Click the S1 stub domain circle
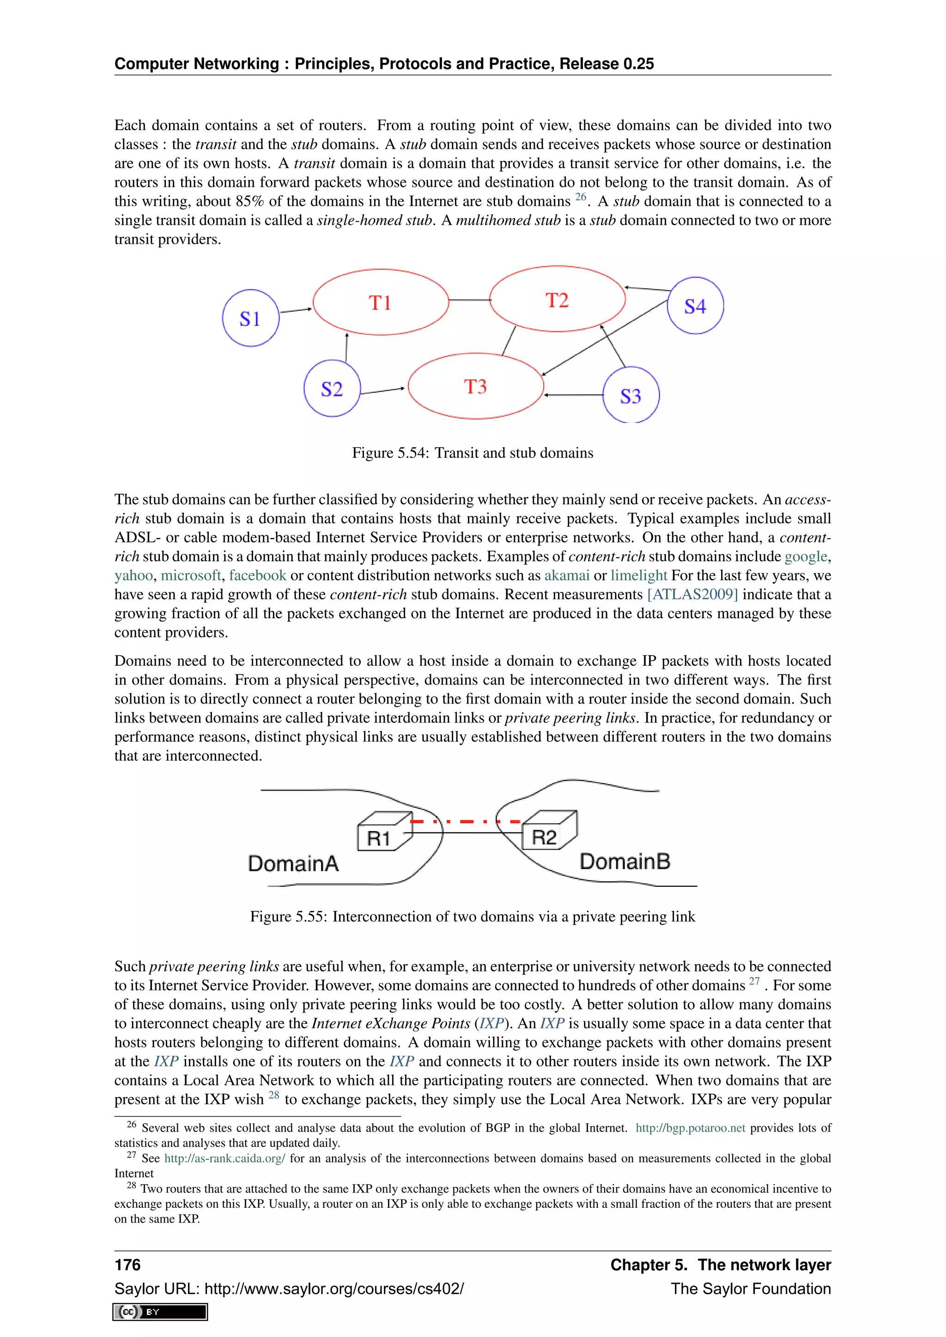tap(250, 318)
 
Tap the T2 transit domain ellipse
tap(557, 299)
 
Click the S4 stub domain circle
tap(695, 306)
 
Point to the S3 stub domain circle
tap(630, 395)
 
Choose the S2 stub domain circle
tap(332, 388)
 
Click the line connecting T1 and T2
tap(469, 300)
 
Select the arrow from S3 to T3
tap(574, 395)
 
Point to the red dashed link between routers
tap(466, 822)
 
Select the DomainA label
tap(293, 863)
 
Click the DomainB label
tap(625, 861)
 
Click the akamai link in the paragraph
tap(567, 575)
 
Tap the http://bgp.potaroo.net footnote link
tap(690, 1128)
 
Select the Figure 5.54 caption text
tap(473, 453)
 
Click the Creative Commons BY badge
tap(160, 1312)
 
